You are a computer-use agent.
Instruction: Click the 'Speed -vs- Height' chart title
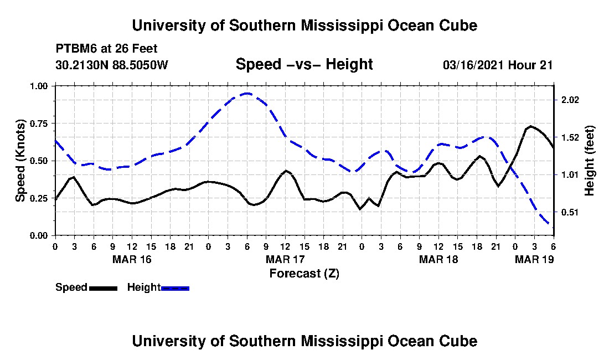304,64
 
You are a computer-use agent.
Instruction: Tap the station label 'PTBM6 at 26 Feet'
106,49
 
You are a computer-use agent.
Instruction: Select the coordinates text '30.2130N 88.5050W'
112,65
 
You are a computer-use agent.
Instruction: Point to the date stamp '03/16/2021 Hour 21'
498,65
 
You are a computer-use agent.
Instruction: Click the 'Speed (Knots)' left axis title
20,161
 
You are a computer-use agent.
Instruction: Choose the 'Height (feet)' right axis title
589,161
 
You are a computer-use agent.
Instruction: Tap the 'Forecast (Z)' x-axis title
304,274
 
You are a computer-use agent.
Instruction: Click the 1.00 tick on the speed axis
38,86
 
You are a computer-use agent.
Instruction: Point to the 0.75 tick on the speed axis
38,124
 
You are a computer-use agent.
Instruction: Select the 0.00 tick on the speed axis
38,236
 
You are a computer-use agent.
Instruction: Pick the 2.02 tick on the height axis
570,100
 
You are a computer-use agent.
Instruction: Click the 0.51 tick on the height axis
570,213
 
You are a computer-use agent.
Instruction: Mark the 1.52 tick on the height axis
570,137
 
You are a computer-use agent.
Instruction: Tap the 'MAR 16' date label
132,259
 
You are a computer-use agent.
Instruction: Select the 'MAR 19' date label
534,259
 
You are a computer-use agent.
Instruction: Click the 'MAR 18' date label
438,259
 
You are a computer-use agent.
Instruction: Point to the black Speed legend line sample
104,288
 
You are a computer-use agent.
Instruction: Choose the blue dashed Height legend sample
175,288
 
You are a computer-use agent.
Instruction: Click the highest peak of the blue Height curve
246,93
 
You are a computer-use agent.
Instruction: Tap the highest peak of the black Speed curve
531,127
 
